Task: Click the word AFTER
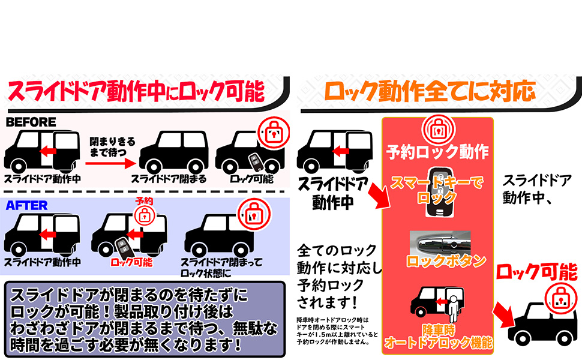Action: click(x=26, y=205)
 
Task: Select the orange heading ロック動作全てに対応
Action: click(x=429, y=91)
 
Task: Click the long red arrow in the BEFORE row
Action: click(x=112, y=158)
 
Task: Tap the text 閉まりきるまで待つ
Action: click(x=112, y=146)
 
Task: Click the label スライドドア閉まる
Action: click(x=169, y=178)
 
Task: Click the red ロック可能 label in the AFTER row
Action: click(x=132, y=262)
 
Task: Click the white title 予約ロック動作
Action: click(x=437, y=151)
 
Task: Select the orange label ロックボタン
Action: click(x=437, y=261)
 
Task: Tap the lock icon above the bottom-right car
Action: click(x=560, y=298)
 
